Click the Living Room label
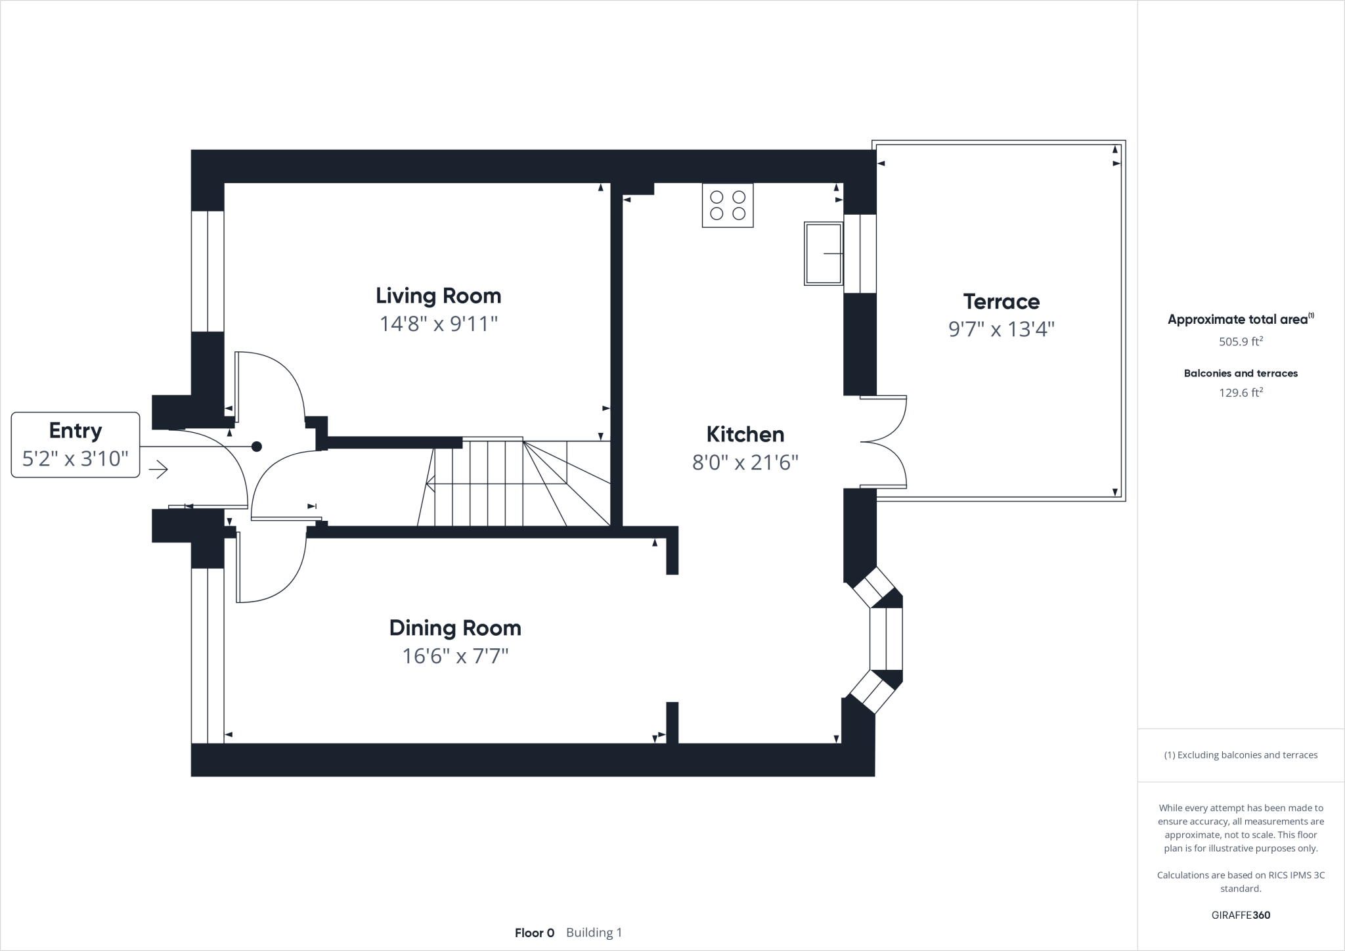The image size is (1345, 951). tap(438, 296)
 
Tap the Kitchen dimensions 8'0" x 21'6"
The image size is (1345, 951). tap(745, 463)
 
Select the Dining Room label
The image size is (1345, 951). tap(455, 628)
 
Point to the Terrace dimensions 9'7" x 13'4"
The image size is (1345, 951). tap(1001, 329)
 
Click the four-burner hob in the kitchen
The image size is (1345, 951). tap(728, 205)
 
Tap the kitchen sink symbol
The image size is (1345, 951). tap(823, 253)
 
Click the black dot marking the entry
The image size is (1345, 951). tap(257, 447)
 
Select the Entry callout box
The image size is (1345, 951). tap(76, 445)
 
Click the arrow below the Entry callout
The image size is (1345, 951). tap(158, 470)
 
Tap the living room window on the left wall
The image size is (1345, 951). tap(208, 271)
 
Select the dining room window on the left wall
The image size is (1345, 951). tap(208, 655)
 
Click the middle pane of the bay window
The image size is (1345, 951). tap(886, 638)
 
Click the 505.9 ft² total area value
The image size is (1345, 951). tap(1241, 342)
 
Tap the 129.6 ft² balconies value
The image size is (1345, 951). tap(1241, 393)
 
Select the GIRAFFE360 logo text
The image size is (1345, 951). tap(1241, 915)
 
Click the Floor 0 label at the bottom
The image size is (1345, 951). tap(535, 933)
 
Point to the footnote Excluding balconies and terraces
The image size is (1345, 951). tap(1241, 755)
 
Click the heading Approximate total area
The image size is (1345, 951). tap(1237, 320)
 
